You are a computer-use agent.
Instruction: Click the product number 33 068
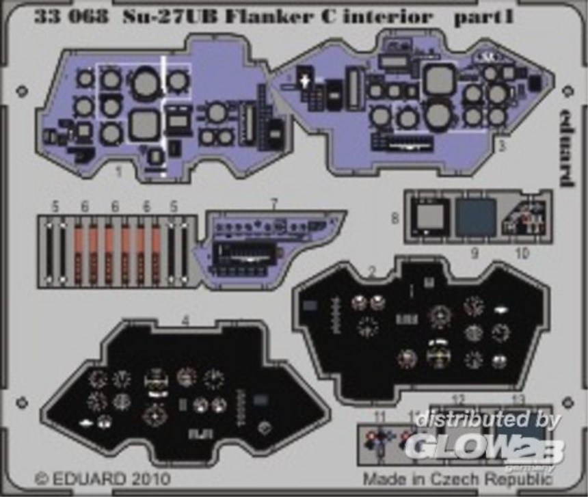click(70, 16)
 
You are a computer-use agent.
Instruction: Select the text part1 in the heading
click(482, 16)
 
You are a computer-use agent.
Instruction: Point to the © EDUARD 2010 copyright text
click(102, 478)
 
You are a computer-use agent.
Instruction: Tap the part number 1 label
click(118, 172)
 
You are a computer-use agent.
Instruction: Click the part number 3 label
click(502, 145)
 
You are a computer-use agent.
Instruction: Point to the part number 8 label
click(395, 219)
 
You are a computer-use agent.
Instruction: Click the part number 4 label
click(185, 318)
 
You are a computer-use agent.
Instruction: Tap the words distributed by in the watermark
click(487, 420)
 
